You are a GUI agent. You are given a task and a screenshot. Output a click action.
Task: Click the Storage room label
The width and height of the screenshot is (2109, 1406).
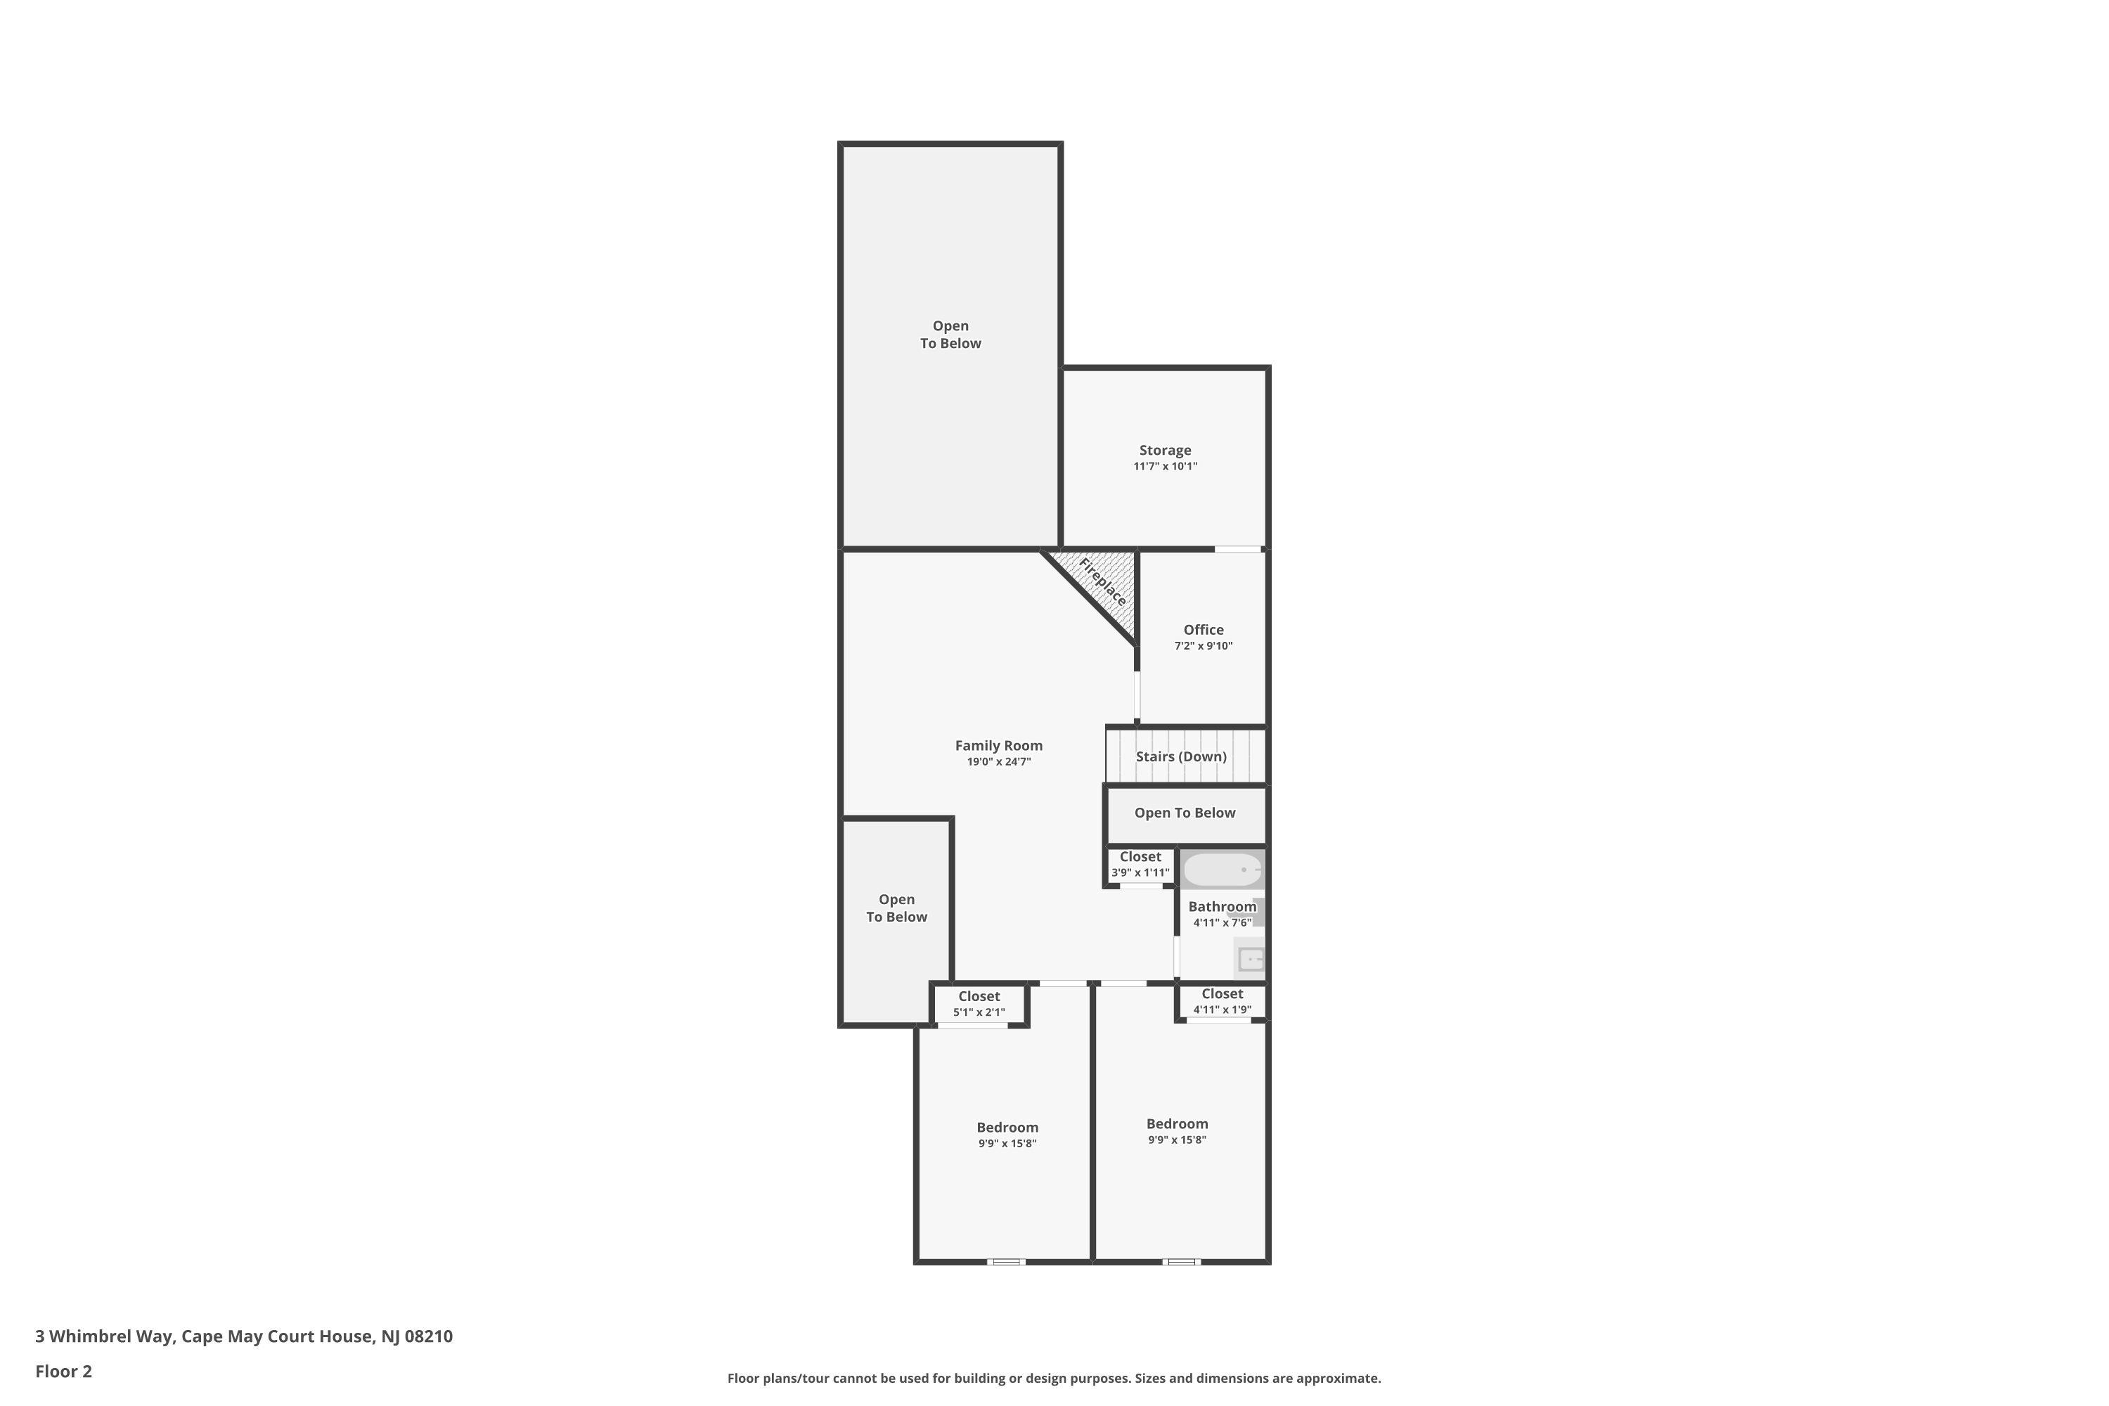(x=1165, y=450)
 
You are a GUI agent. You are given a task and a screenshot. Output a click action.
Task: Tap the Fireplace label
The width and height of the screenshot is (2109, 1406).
(x=1102, y=581)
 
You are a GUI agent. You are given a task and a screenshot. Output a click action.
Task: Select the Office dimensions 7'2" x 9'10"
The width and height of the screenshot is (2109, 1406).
(x=1204, y=645)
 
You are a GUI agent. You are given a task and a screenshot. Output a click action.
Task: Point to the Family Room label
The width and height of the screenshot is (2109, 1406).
(x=998, y=745)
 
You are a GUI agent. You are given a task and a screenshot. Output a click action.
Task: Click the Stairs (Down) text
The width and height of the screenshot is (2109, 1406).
(x=1181, y=756)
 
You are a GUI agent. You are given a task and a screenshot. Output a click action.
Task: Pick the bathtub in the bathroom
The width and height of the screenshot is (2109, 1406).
(x=1223, y=870)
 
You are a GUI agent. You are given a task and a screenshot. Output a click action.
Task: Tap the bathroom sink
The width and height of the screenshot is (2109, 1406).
(x=1251, y=960)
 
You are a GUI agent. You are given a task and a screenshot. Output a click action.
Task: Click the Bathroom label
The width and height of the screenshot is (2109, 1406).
(x=1223, y=907)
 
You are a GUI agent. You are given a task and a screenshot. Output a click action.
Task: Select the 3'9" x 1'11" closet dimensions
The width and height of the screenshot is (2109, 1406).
(x=1140, y=872)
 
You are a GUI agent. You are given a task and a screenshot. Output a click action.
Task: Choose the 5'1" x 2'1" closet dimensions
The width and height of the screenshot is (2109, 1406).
(x=979, y=1012)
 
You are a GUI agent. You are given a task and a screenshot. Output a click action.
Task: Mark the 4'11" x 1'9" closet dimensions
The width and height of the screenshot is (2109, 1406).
(x=1223, y=1010)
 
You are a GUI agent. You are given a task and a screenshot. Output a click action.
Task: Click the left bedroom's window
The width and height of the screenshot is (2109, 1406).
(x=1006, y=1262)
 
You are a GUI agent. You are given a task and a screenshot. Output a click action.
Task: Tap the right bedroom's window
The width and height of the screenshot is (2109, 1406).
(x=1181, y=1262)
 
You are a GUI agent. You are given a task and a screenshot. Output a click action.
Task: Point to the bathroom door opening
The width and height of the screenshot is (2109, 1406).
(x=1176, y=957)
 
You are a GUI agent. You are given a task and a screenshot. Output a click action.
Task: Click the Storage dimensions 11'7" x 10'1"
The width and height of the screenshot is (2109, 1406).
(x=1165, y=466)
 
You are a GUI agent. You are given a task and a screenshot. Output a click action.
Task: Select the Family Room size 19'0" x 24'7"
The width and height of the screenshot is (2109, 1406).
(x=998, y=762)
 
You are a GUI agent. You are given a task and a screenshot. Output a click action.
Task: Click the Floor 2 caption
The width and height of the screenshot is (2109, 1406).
(x=64, y=1371)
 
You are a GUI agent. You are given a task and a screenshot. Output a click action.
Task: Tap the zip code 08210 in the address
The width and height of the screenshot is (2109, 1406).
(x=429, y=1336)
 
